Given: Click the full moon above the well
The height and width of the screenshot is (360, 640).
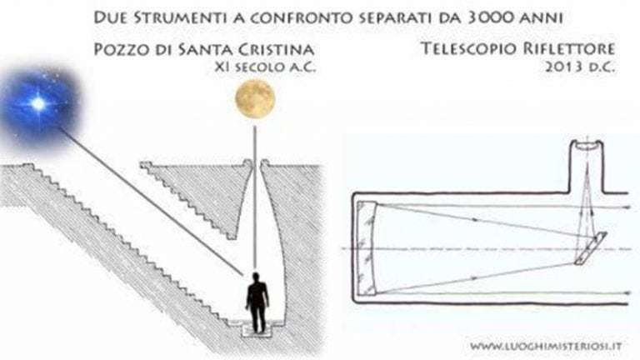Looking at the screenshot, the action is [255, 99].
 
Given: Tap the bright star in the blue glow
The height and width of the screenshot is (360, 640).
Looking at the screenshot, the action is [38, 104].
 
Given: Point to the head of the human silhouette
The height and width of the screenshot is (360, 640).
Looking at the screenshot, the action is [256, 277].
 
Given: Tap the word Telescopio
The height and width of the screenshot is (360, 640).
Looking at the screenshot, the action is [467, 48].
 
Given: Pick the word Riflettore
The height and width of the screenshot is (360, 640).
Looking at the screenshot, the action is [568, 48].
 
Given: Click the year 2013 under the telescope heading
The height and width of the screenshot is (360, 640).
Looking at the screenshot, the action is [562, 67].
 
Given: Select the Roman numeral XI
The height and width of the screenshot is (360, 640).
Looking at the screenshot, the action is [222, 67].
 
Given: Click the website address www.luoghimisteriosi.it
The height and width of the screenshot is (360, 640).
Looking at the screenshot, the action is [546, 346].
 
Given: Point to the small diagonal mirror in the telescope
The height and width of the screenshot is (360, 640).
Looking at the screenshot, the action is [591, 248].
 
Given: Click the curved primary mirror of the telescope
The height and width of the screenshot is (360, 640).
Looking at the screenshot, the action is [367, 247].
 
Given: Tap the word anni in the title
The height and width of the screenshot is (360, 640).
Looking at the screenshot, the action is [543, 17].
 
